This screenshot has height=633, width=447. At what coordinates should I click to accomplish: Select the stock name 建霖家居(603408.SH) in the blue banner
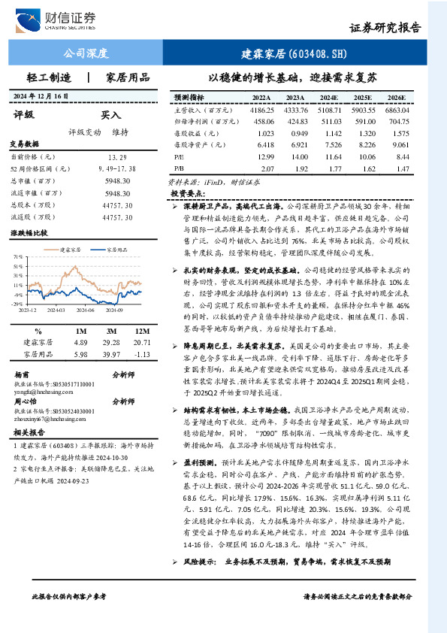point(305,53)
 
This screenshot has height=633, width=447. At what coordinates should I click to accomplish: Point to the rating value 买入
point(110,115)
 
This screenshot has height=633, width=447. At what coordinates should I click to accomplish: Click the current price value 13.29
point(117,157)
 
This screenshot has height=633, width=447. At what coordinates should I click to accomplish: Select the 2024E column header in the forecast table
point(329,98)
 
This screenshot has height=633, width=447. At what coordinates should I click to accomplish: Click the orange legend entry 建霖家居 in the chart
point(69,249)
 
